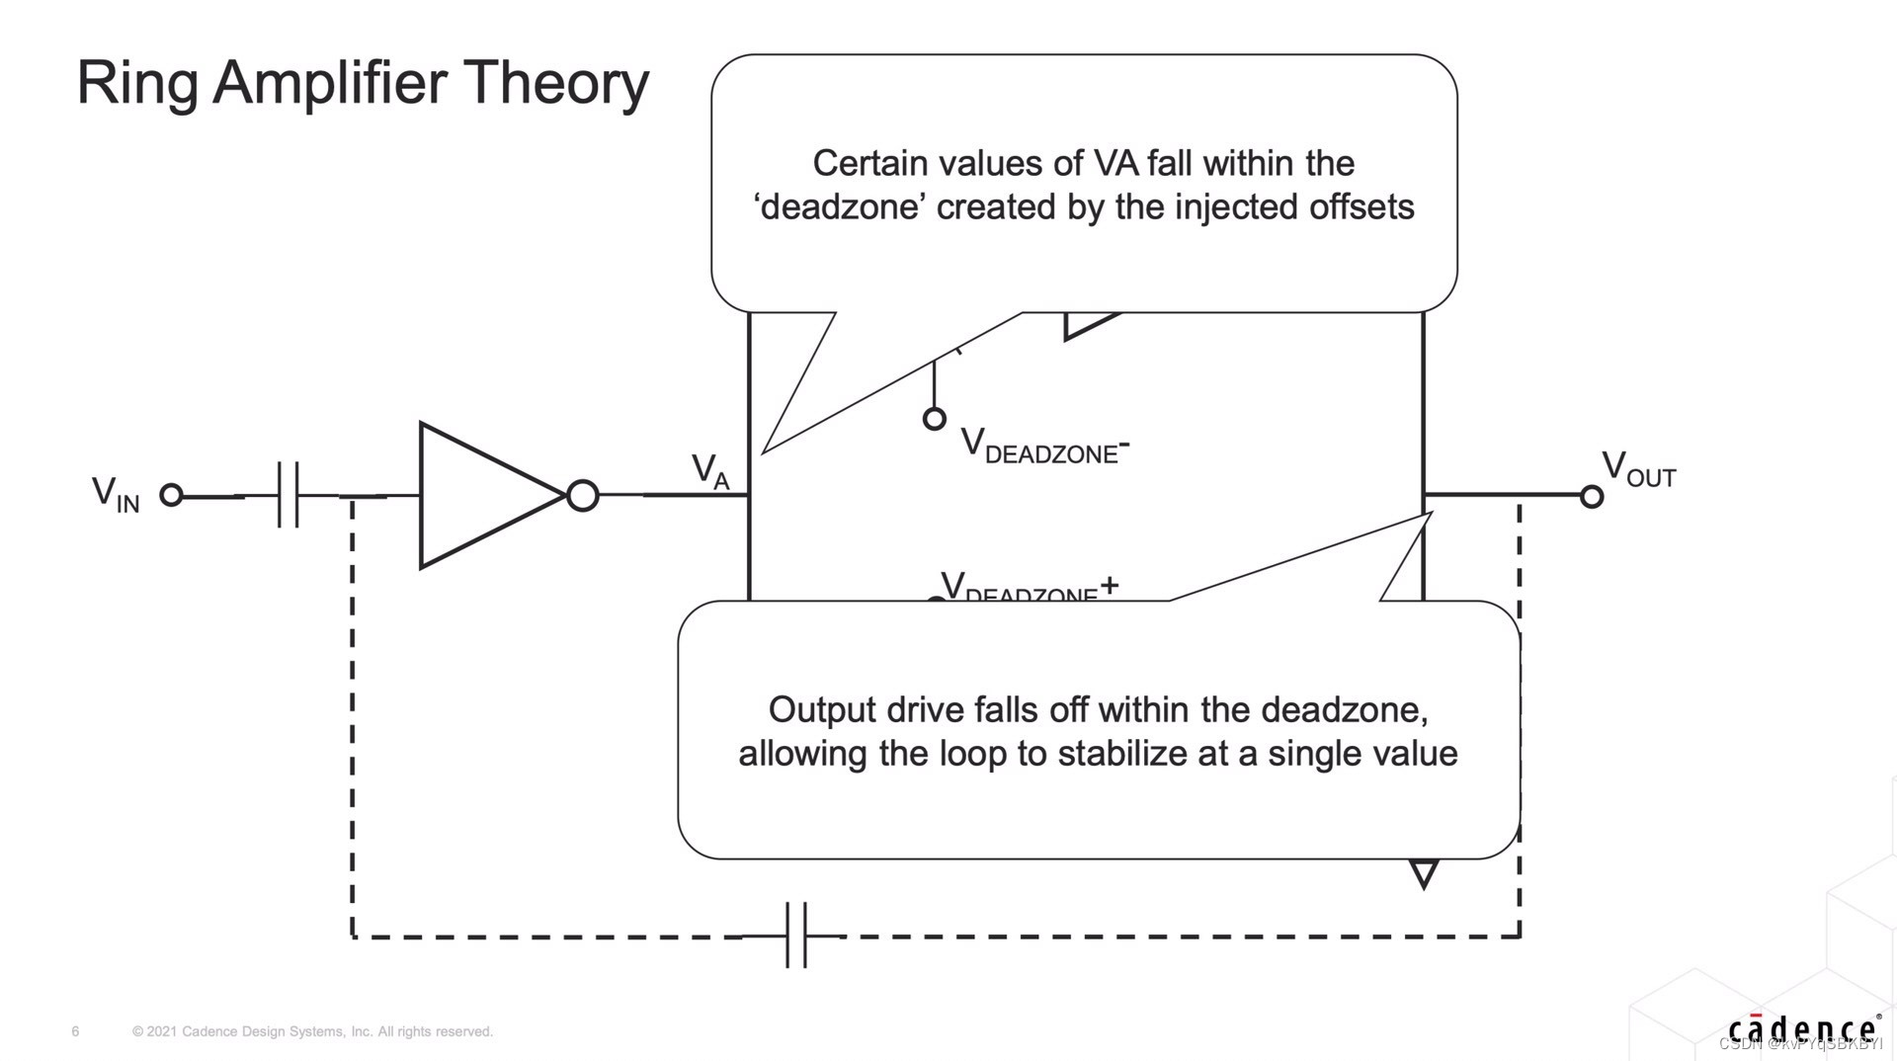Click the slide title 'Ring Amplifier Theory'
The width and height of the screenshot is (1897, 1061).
(x=363, y=83)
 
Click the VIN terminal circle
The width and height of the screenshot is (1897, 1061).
(x=172, y=495)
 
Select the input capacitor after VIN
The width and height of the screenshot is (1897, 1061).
(x=289, y=494)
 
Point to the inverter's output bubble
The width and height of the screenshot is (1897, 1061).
(x=583, y=495)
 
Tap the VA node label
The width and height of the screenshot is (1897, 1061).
(x=709, y=471)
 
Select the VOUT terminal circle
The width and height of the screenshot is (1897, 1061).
(x=1591, y=496)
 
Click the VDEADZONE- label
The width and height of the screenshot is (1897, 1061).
(x=1044, y=447)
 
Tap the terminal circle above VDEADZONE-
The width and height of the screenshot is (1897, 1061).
(x=934, y=419)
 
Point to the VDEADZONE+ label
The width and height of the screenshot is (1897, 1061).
(x=1028, y=587)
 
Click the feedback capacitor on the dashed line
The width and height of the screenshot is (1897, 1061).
(x=796, y=935)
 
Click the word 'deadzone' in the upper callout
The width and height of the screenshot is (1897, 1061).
(x=840, y=207)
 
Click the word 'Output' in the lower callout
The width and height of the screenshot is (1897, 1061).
(x=822, y=709)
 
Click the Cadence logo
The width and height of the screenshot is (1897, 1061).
(x=1802, y=1029)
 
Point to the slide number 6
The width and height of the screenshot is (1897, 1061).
(x=75, y=1031)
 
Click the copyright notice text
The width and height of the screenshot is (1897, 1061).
(x=312, y=1031)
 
